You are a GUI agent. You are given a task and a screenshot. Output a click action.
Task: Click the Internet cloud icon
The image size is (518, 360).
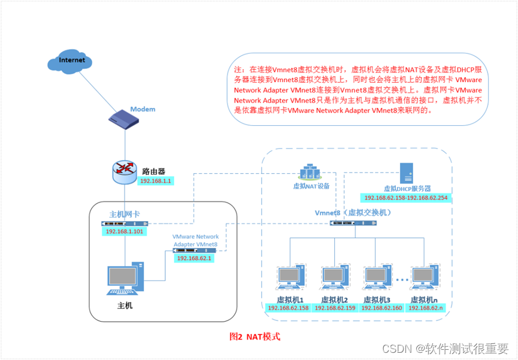(71, 62)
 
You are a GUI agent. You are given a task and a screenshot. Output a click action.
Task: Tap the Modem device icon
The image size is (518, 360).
(124, 119)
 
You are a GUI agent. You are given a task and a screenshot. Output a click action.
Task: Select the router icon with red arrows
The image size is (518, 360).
(125, 170)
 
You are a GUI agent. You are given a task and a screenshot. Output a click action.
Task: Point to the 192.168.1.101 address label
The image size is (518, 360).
(125, 231)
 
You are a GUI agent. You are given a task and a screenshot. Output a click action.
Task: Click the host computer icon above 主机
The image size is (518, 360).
(125, 279)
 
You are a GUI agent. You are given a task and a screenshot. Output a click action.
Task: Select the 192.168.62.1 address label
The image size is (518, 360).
(194, 258)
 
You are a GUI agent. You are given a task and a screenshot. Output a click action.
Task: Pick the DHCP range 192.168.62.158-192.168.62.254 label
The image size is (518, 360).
(405, 198)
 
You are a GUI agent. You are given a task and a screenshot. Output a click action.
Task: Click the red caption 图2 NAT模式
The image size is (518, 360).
(255, 337)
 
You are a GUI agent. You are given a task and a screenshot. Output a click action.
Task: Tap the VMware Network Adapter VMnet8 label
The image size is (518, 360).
(195, 241)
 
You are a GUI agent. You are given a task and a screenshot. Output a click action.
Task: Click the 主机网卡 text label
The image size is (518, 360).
(125, 214)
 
